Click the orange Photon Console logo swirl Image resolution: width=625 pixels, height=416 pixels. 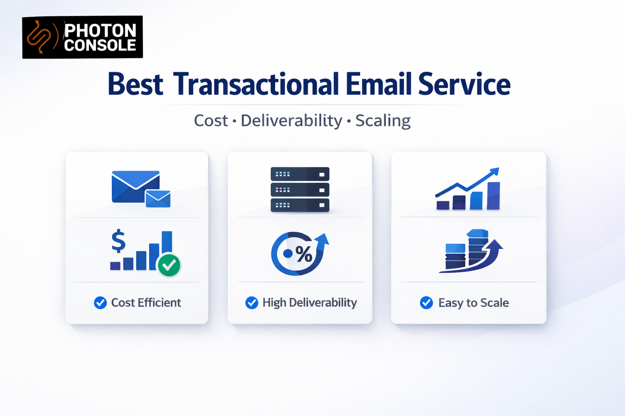pyautogui.click(x=39, y=37)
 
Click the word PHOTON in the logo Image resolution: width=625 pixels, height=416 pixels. pyautogui.click(x=101, y=30)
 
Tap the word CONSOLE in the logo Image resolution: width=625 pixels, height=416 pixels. pyautogui.click(x=100, y=45)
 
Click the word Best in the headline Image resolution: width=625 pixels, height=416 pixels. pyautogui.click(x=135, y=84)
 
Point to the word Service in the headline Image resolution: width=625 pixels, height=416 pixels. pyautogui.click(x=464, y=84)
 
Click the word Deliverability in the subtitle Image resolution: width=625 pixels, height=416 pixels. pyautogui.click(x=291, y=121)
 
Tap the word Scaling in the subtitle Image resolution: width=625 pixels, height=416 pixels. pyautogui.click(x=383, y=121)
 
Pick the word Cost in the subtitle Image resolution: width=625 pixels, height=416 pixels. pyautogui.click(x=211, y=121)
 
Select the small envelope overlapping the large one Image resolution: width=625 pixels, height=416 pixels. pyautogui.click(x=158, y=199)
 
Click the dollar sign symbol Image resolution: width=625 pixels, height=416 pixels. pyautogui.click(x=118, y=241)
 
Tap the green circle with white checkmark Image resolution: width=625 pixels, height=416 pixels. pyautogui.click(x=169, y=265)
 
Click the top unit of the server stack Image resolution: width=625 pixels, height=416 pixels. pyautogui.click(x=300, y=174)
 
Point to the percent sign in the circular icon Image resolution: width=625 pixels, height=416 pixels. pyautogui.click(x=304, y=254)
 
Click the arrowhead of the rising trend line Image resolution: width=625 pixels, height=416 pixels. pyautogui.click(x=495, y=171)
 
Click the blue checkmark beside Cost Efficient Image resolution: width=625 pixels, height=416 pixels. pyautogui.click(x=100, y=303)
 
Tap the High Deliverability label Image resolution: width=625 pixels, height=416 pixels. pyautogui.click(x=309, y=303)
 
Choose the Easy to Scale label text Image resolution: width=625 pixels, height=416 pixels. pyautogui.click(x=473, y=303)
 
